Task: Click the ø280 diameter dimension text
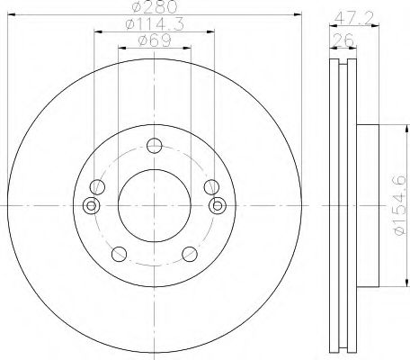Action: [154, 10]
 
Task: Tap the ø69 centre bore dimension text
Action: [154, 41]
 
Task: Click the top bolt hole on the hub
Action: [154, 145]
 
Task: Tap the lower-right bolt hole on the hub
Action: [190, 253]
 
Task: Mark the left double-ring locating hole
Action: [90, 206]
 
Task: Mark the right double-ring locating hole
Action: [217, 206]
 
